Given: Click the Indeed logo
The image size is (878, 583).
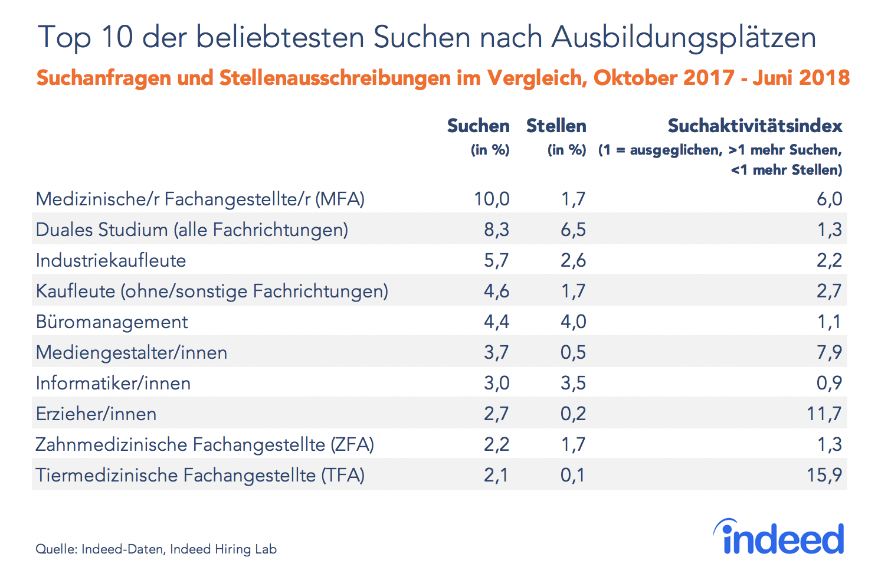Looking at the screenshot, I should [x=779, y=538].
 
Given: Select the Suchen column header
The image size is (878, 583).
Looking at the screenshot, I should [x=478, y=126].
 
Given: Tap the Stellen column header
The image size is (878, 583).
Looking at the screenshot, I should [x=556, y=126].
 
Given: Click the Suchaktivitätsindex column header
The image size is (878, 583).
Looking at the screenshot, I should [x=755, y=126].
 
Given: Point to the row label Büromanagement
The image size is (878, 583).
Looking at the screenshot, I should [x=112, y=322].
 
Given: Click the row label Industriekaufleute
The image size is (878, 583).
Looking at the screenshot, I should [x=111, y=261].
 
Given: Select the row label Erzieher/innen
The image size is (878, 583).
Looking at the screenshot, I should [x=96, y=414].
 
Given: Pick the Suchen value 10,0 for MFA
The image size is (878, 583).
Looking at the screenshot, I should [x=492, y=199].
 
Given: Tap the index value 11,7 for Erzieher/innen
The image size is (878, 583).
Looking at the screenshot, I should [x=824, y=414].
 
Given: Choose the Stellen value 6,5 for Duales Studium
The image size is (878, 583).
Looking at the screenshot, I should [x=573, y=230].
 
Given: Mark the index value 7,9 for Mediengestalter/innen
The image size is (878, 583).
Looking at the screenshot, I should [x=829, y=353].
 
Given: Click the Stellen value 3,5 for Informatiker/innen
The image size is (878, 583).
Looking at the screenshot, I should [x=573, y=384].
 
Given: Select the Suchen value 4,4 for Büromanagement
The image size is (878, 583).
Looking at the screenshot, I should [x=496, y=322].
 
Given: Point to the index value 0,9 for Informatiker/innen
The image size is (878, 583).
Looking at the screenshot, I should [x=829, y=384].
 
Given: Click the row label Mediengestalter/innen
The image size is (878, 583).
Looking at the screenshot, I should [x=132, y=353].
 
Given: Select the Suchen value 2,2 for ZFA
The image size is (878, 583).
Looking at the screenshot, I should [x=496, y=445].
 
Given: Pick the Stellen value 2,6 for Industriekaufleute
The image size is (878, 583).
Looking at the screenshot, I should [x=573, y=261].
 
